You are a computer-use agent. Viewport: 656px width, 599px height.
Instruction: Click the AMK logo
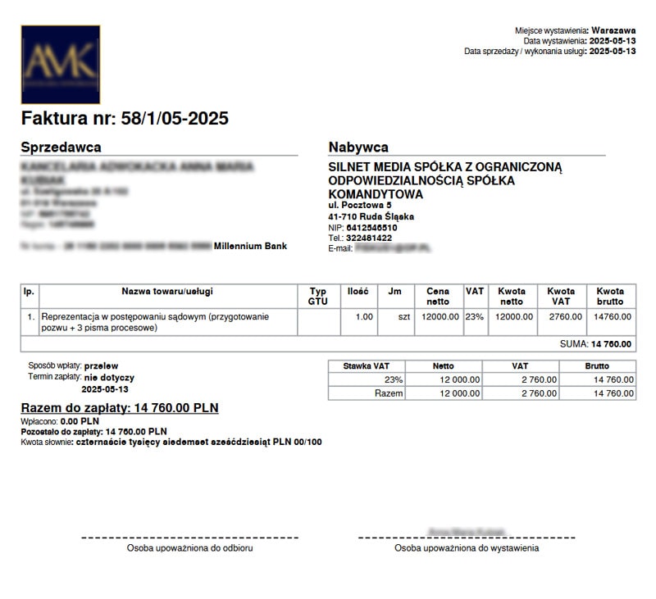pos(61,64)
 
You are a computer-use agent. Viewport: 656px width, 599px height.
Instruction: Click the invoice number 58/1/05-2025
pos(174,119)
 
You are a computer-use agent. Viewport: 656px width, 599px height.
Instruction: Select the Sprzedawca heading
pos(61,147)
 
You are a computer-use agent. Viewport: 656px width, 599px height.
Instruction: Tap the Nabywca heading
pos(358,147)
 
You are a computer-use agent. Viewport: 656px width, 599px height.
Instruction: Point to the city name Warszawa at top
pos(613,30)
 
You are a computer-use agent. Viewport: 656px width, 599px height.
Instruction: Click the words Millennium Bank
pos(250,245)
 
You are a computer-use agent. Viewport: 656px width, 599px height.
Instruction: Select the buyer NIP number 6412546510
pos(371,228)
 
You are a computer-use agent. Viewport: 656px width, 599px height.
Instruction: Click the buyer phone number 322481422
pos(370,238)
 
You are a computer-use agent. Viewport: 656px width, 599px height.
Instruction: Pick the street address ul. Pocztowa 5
pos(360,205)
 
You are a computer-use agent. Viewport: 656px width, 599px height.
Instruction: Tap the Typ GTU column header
pos(318,297)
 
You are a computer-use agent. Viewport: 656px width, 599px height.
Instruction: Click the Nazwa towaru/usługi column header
pos(167,292)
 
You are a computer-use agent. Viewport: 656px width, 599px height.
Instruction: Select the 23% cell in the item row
pos(475,316)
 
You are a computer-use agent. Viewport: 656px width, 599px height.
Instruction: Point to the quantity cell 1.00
pos(362,316)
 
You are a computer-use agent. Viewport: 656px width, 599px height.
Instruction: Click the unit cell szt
pos(402,316)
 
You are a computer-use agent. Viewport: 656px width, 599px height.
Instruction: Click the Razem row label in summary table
pos(389,393)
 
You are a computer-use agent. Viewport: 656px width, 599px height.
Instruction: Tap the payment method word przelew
pos(101,365)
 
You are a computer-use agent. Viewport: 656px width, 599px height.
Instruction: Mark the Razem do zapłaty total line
pos(120,408)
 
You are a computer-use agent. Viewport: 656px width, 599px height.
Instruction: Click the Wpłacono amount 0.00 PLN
pos(80,420)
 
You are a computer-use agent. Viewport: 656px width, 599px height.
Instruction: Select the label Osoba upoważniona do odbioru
pos(189,548)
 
